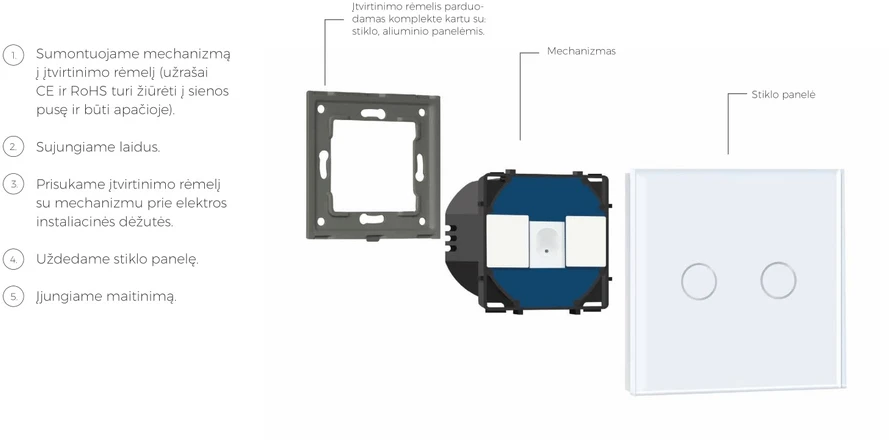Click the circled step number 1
pyautogui.click(x=14, y=55)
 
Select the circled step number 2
pyautogui.click(x=14, y=147)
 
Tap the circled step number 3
pyautogui.click(x=14, y=184)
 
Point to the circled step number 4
pyautogui.click(x=14, y=259)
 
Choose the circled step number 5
pyautogui.click(x=14, y=296)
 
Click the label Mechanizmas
pyautogui.click(x=581, y=51)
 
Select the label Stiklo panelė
pyautogui.click(x=783, y=95)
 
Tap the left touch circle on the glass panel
pyautogui.click(x=698, y=281)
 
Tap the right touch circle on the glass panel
pyautogui.click(x=778, y=280)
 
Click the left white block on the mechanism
pyautogui.click(x=507, y=241)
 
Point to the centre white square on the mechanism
pyautogui.click(x=547, y=244)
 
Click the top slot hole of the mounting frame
pyautogui.click(x=372, y=113)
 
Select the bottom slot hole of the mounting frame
pyautogui.click(x=371, y=219)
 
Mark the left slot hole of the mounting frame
pyautogui.click(x=323, y=165)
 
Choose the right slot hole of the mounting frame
pyautogui.click(x=420, y=168)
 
